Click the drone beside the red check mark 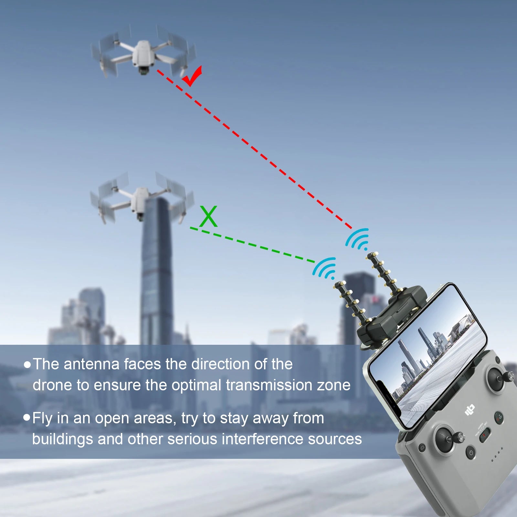click(x=142, y=55)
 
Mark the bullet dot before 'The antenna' click(x=27, y=365)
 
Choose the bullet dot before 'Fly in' click(x=27, y=418)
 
